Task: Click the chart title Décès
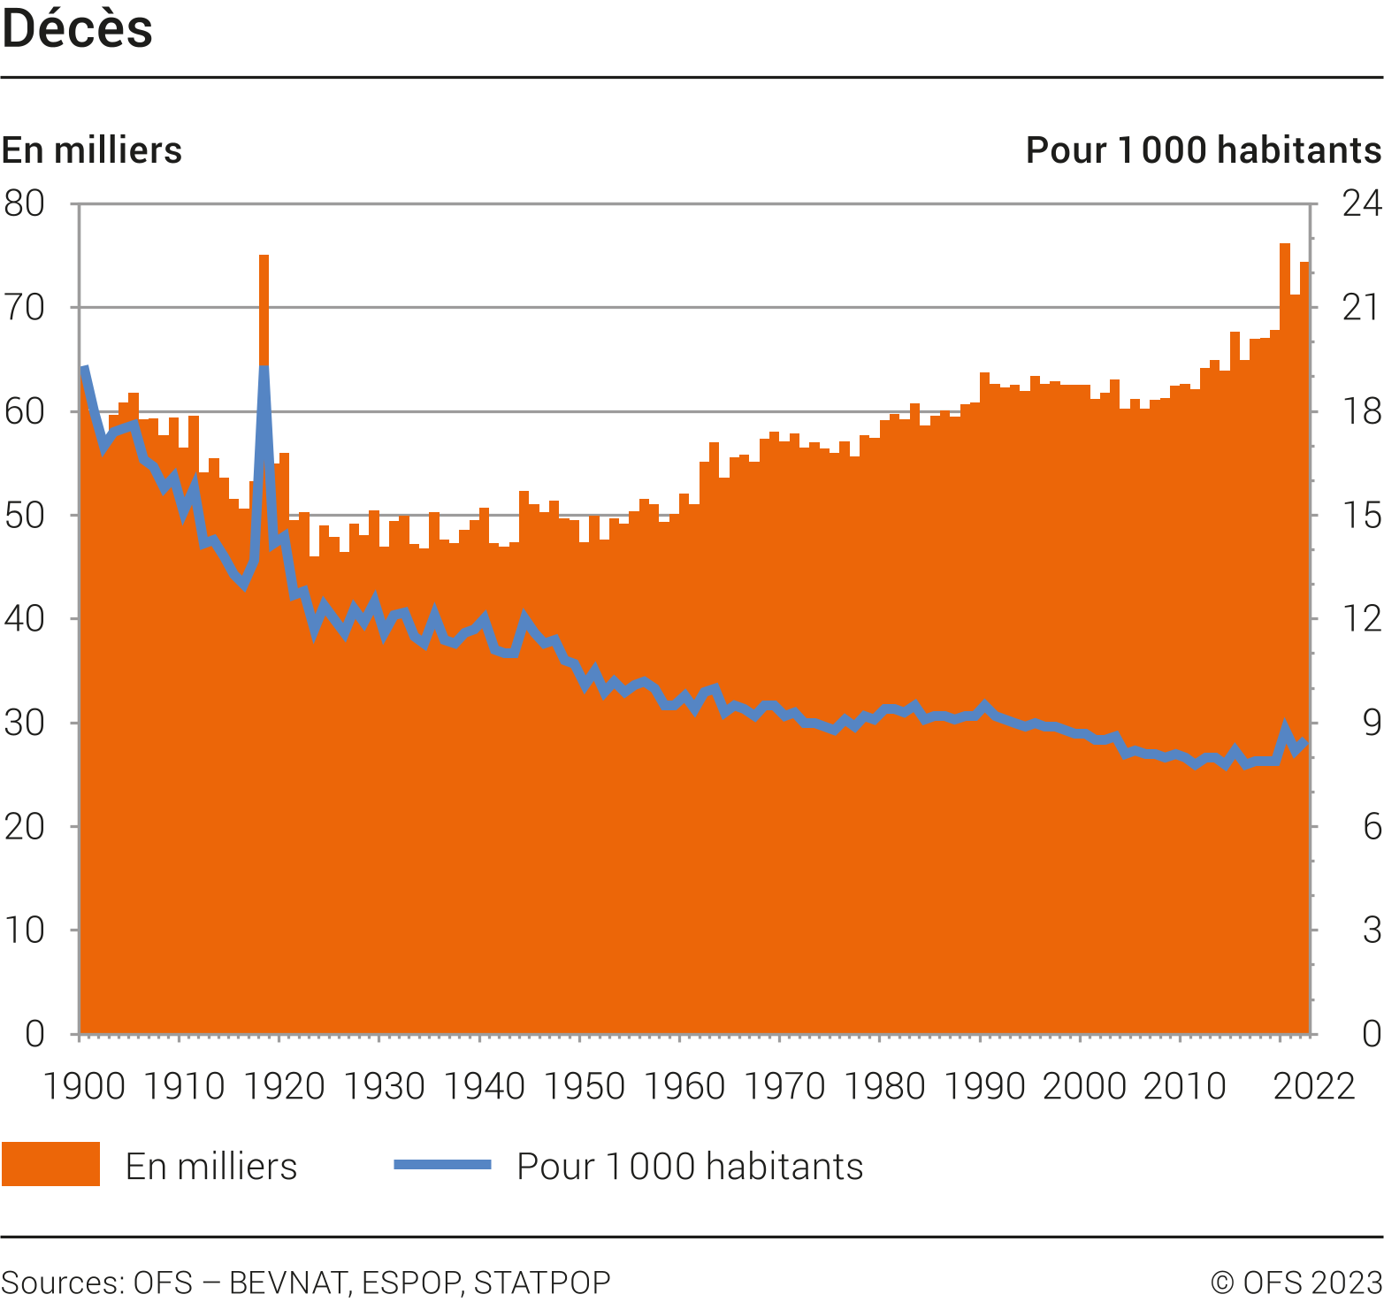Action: pos(78,29)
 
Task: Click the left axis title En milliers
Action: pos(92,150)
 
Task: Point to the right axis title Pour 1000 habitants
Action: pos(1203,150)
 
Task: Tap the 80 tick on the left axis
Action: pos(24,203)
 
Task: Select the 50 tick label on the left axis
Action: pos(24,515)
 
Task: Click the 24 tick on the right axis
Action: pos(1361,203)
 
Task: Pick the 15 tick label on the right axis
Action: pos(1361,515)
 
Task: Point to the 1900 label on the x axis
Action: pos(84,1086)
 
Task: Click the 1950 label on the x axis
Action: pos(585,1086)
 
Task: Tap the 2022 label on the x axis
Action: pos(1313,1086)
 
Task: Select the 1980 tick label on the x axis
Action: pos(884,1086)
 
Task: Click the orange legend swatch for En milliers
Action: pos(50,1164)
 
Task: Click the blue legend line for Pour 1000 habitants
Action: pos(442,1164)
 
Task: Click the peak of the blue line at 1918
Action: pos(264,367)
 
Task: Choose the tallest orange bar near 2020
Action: pos(1284,247)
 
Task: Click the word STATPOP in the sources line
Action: pos(542,1283)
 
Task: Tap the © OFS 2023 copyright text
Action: pos(1296,1283)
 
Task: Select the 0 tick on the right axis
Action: pos(1371,1033)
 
